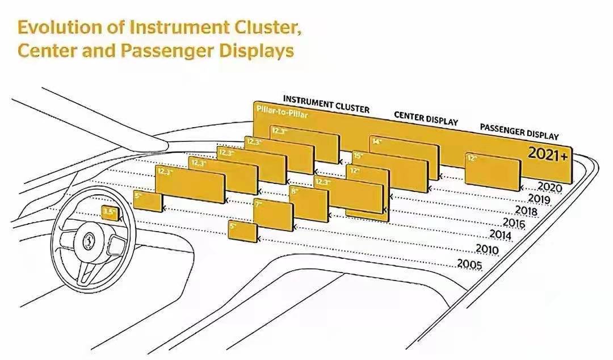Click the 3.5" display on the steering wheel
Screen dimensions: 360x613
click(x=108, y=212)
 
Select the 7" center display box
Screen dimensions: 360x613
click(x=273, y=215)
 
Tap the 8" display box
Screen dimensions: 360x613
click(x=308, y=203)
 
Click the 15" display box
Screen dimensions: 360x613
click(x=389, y=170)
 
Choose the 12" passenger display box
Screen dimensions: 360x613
click(x=492, y=171)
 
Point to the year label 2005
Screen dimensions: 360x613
click(x=469, y=265)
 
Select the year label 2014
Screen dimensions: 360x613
click(x=501, y=235)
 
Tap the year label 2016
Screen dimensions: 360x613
click(x=513, y=223)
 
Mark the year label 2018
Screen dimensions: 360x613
click(x=526, y=211)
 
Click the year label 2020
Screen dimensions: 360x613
click(x=549, y=186)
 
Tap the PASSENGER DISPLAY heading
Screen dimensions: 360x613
click(x=519, y=131)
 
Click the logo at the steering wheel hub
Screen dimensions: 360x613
click(x=90, y=240)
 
